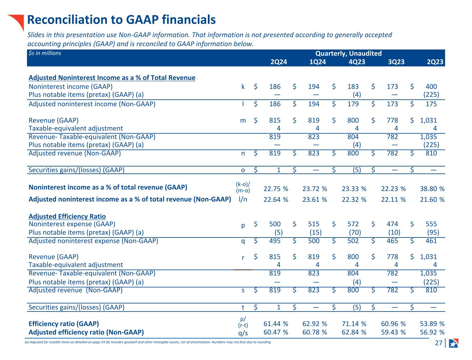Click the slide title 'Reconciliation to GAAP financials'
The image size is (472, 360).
click(x=121, y=20)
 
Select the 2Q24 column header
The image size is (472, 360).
click(x=278, y=62)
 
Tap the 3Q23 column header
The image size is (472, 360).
click(x=396, y=62)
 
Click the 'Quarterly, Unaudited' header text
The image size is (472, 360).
click(x=348, y=53)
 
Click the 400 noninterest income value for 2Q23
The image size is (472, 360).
click(x=431, y=87)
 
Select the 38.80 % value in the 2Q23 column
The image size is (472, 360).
click(x=432, y=189)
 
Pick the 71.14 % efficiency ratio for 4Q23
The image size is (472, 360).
click(x=354, y=324)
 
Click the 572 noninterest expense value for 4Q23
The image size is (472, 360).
click(x=353, y=224)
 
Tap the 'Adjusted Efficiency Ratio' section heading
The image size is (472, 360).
click(x=67, y=216)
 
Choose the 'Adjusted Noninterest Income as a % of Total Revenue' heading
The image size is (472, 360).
click(x=112, y=78)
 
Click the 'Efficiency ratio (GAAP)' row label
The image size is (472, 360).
click(x=64, y=324)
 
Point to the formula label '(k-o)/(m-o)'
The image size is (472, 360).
click(x=243, y=187)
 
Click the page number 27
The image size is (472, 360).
click(x=438, y=343)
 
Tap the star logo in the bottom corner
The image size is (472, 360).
click(x=453, y=343)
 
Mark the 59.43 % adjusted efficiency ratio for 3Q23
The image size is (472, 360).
click(x=393, y=332)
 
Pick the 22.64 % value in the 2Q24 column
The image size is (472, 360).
click(x=276, y=199)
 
